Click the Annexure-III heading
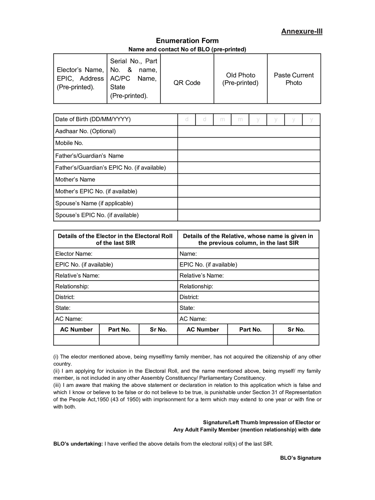[302, 31]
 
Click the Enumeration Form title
[187, 41]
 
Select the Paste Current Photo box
[294, 79]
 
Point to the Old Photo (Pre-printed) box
[240, 79]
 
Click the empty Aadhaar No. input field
[249, 132]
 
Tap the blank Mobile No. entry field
[249, 144]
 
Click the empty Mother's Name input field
[249, 180]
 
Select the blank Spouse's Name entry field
[249, 203]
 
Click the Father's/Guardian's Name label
[89, 156]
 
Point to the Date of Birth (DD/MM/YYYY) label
[93, 119]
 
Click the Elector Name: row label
[74, 254]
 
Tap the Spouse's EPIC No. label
[97, 215]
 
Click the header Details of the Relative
[248, 239]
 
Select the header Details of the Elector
[115, 239]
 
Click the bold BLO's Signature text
[300, 458]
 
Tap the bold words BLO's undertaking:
[78, 444]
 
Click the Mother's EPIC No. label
[96, 191]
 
